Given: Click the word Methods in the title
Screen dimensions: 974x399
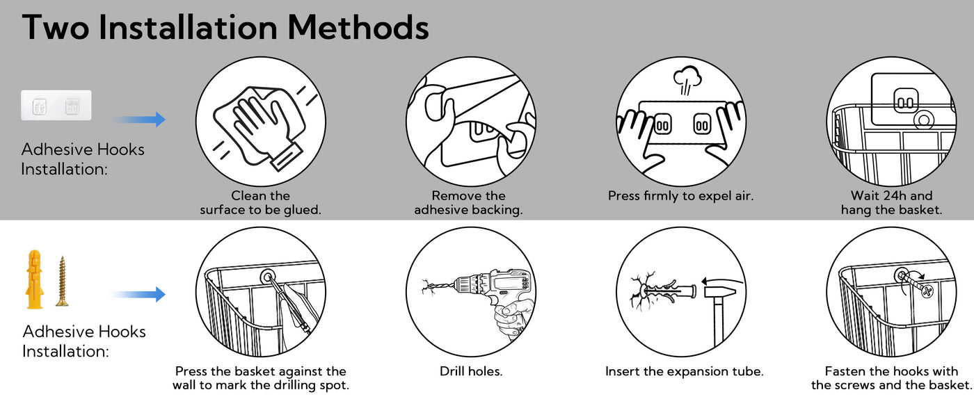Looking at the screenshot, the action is pyautogui.click(x=358, y=27).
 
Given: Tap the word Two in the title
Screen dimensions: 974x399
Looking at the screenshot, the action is pyautogui.click(x=56, y=27).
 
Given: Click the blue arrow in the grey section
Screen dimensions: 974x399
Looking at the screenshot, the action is pyautogui.click(x=138, y=119).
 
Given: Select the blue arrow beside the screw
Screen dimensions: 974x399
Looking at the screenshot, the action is pyautogui.click(x=138, y=294).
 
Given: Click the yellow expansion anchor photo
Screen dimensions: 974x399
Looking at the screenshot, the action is pyautogui.click(x=34, y=279).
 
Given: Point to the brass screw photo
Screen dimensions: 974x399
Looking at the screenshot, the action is pyautogui.click(x=62, y=281).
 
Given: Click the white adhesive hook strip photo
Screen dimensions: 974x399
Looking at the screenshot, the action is pyautogui.click(x=56, y=105).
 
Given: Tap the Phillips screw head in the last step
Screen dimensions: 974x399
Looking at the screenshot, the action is pyautogui.click(x=927, y=291).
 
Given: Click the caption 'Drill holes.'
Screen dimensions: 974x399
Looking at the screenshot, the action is pyautogui.click(x=471, y=371).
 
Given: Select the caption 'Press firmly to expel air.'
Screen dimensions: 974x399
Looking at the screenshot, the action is pyautogui.click(x=680, y=196).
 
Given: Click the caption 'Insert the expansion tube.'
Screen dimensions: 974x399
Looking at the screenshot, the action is pyautogui.click(x=684, y=371).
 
